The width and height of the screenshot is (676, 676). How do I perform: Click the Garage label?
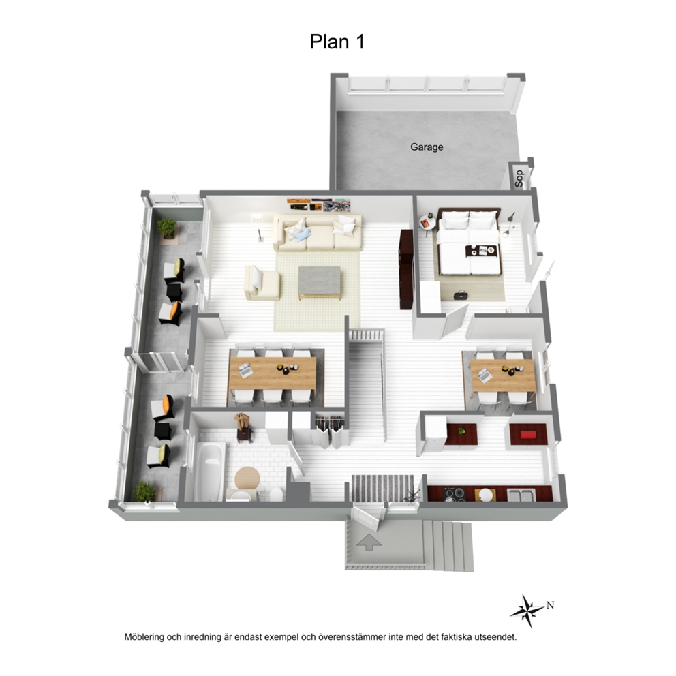tap(427, 147)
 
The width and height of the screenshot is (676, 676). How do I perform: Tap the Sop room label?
tap(519, 178)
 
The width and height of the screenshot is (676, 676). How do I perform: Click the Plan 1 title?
tap(337, 42)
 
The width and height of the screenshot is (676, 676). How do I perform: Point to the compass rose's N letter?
tap(550, 605)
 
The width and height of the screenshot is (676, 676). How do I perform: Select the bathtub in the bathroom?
tap(209, 471)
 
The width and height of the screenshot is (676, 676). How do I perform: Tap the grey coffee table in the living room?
tap(319, 283)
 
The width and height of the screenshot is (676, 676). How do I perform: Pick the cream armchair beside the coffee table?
tap(262, 283)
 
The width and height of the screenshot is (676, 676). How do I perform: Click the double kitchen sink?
tap(521, 495)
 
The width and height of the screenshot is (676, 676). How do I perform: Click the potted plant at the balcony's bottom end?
tap(145, 491)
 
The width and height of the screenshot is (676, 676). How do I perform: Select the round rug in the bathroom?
tap(247, 478)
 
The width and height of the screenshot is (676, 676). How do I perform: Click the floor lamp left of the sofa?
tap(258, 226)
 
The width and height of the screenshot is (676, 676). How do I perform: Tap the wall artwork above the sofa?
tap(319, 204)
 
